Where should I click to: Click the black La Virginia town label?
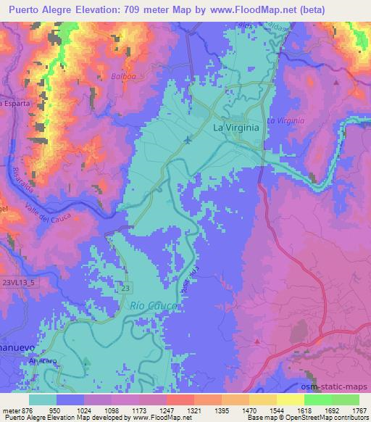pos(235,127)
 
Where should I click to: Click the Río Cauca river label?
pos(154,306)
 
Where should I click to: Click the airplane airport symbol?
pos(188,138)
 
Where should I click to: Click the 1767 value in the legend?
pos(358,410)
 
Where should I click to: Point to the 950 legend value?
pos(56,410)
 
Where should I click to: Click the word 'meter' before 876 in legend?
pos(13,410)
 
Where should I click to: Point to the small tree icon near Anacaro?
pos(86,361)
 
